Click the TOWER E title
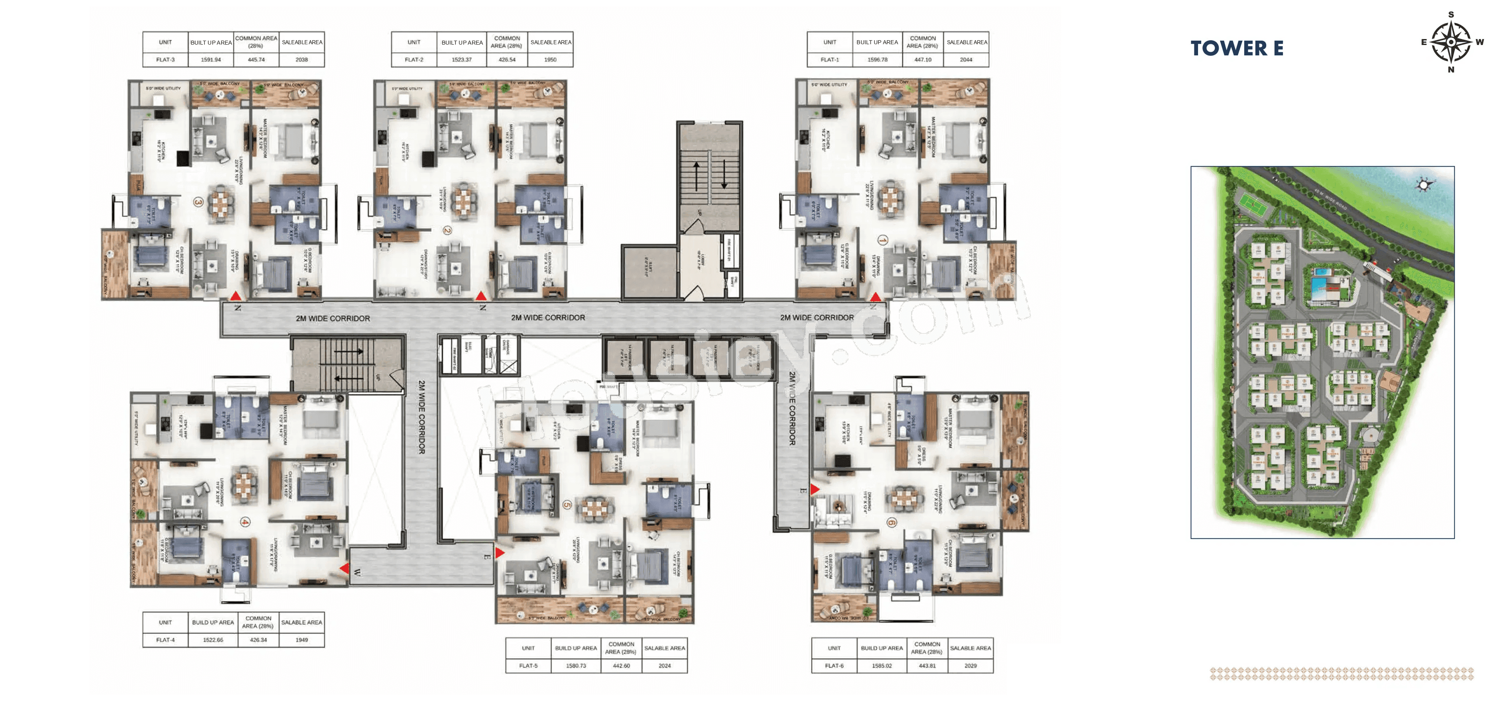click(x=1237, y=48)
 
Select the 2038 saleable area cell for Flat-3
click(x=302, y=60)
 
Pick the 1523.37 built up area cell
click(x=461, y=60)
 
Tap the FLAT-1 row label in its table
click(x=829, y=60)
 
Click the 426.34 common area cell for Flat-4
click(x=259, y=640)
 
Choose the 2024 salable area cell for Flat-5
click(x=664, y=665)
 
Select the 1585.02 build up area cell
click(x=882, y=665)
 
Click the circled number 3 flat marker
click(x=198, y=202)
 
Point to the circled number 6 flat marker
click(x=891, y=522)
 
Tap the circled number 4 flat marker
click(x=245, y=522)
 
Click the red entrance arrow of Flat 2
click(x=480, y=296)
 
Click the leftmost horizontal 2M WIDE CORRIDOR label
click(x=333, y=319)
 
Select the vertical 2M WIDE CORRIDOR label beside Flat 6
click(x=792, y=409)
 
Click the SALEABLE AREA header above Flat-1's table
click(x=967, y=42)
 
